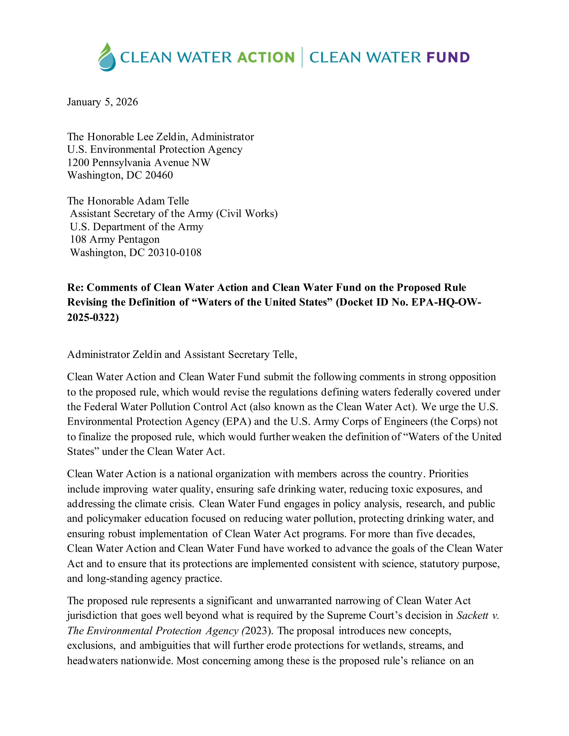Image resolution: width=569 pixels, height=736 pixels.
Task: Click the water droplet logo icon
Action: [x=107, y=57]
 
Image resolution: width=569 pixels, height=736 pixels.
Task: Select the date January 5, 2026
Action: [x=102, y=102]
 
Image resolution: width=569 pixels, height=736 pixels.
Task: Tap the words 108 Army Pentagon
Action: [x=115, y=240]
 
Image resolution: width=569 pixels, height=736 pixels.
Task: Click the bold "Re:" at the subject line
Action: [x=75, y=287]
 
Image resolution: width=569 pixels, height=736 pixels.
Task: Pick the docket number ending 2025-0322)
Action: [x=93, y=317]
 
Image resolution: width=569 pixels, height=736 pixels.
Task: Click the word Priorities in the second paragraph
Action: [x=448, y=474]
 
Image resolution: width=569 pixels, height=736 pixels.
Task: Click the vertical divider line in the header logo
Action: [x=302, y=58]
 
